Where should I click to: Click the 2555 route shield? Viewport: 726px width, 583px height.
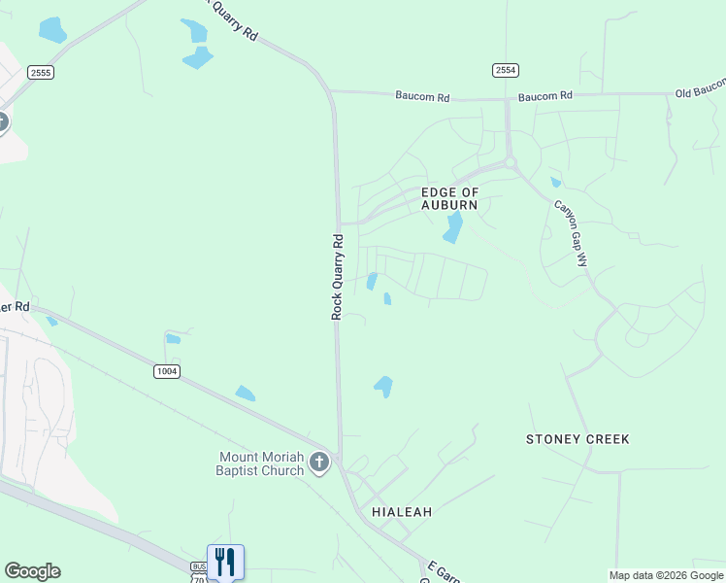pos(41,73)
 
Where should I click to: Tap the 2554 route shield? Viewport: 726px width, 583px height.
pos(506,70)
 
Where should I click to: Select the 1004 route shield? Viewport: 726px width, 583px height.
pos(166,371)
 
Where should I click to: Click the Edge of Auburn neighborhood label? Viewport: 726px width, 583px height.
pos(449,199)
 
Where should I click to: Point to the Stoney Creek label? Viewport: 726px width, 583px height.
pos(577,439)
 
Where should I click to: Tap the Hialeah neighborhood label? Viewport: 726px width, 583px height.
pos(401,511)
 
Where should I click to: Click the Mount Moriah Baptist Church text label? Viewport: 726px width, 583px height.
pos(261,463)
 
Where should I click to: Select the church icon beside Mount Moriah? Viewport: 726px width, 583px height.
pos(321,463)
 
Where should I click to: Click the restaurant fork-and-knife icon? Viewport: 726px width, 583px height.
pos(225,562)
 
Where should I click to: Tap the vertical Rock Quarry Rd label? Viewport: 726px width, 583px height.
pos(338,277)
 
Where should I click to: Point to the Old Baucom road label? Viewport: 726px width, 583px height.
pos(700,93)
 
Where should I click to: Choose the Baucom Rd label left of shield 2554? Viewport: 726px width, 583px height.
pos(423,96)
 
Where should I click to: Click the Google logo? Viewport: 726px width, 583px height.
pos(32,571)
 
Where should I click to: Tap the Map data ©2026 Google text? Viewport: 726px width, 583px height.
pos(666,575)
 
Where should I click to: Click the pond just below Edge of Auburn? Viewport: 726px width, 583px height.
pos(452,228)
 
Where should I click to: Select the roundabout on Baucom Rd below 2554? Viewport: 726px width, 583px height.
pos(510,163)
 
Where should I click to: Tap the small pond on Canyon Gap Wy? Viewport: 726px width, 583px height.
pos(555,182)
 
